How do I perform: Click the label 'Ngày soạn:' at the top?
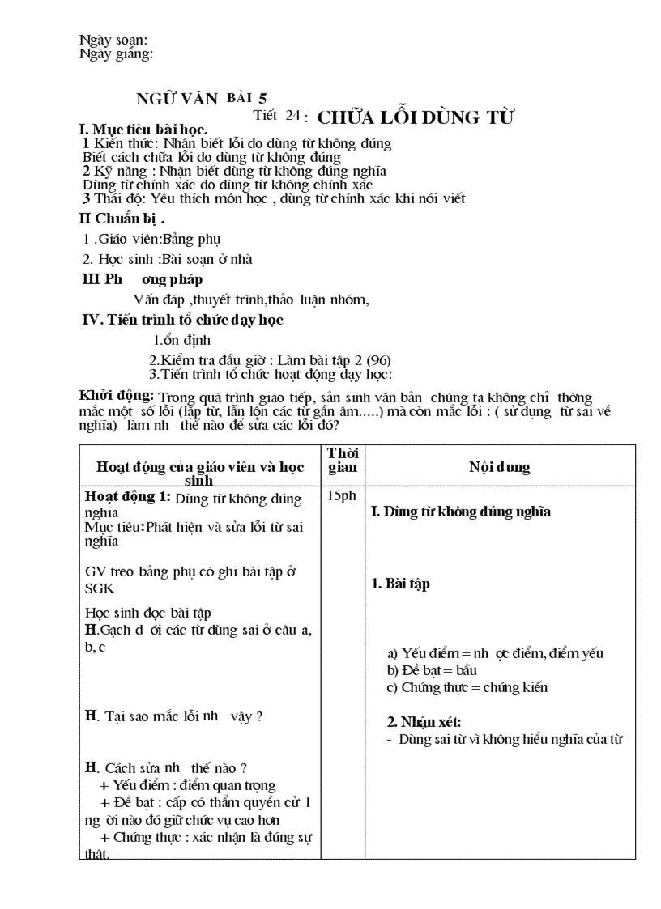(x=113, y=40)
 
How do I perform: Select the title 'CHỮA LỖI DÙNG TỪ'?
(x=416, y=117)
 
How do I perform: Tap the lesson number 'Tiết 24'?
(x=276, y=115)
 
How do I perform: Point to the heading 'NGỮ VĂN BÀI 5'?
(x=201, y=99)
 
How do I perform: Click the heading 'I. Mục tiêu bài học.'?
(x=143, y=130)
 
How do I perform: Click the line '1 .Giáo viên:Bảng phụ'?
(x=151, y=239)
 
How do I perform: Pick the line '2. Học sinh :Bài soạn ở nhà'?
(x=168, y=259)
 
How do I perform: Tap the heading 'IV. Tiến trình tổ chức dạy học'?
(x=183, y=320)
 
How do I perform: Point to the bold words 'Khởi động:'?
(x=117, y=395)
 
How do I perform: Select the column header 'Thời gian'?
(x=343, y=460)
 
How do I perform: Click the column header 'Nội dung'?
(x=500, y=467)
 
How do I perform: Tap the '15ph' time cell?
(x=343, y=496)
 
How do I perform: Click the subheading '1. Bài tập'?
(x=401, y=584)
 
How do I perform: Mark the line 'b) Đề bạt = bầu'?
(x=432, y=670)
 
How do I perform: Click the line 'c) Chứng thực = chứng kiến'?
(x=467, y=687)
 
